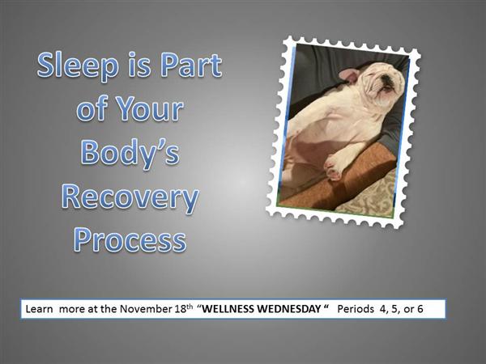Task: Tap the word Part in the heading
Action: pos(191,65)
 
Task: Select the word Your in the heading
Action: pos(151,108)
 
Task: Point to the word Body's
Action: pos(130,154)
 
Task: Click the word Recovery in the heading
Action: pos(130,198)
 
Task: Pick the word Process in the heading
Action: pos(130,240)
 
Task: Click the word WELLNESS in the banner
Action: pos(228,309)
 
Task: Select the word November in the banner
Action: pos(146,309)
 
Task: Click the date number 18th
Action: pos(184,308)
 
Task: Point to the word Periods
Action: pos(356,309)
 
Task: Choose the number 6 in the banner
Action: pos(420,309)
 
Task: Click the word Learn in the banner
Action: pos(39,309)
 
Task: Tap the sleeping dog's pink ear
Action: pos(349,75)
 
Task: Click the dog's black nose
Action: pos(386,79)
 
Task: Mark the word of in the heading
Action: pos(92,108)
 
